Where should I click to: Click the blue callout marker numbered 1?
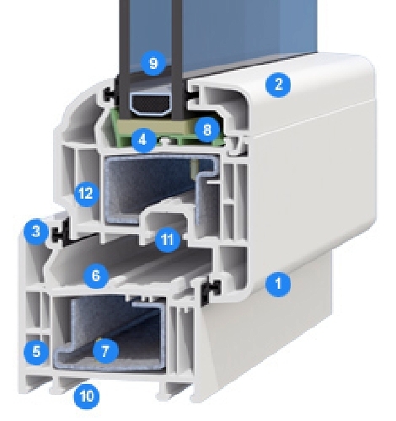click(278, 284)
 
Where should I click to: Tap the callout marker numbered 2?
click(278, 84)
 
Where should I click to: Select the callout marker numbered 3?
click(36, 232)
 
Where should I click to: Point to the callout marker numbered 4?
click(143, 140)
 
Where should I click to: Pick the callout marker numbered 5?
click(36, 352)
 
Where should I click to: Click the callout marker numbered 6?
click(96, 276)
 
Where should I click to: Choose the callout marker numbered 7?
click(105, 350)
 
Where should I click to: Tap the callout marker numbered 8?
click(207, 130)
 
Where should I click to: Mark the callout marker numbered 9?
click(153, 63)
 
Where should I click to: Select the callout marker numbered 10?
click(87, 397)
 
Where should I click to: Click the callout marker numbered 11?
click(168, 239)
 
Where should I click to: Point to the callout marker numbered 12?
click(86, 194)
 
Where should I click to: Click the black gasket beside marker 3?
click(62, 232)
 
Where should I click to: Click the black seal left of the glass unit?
click(110, 93)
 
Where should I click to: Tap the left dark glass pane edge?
click(125, 60)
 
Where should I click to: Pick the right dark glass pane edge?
click(177, 60)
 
